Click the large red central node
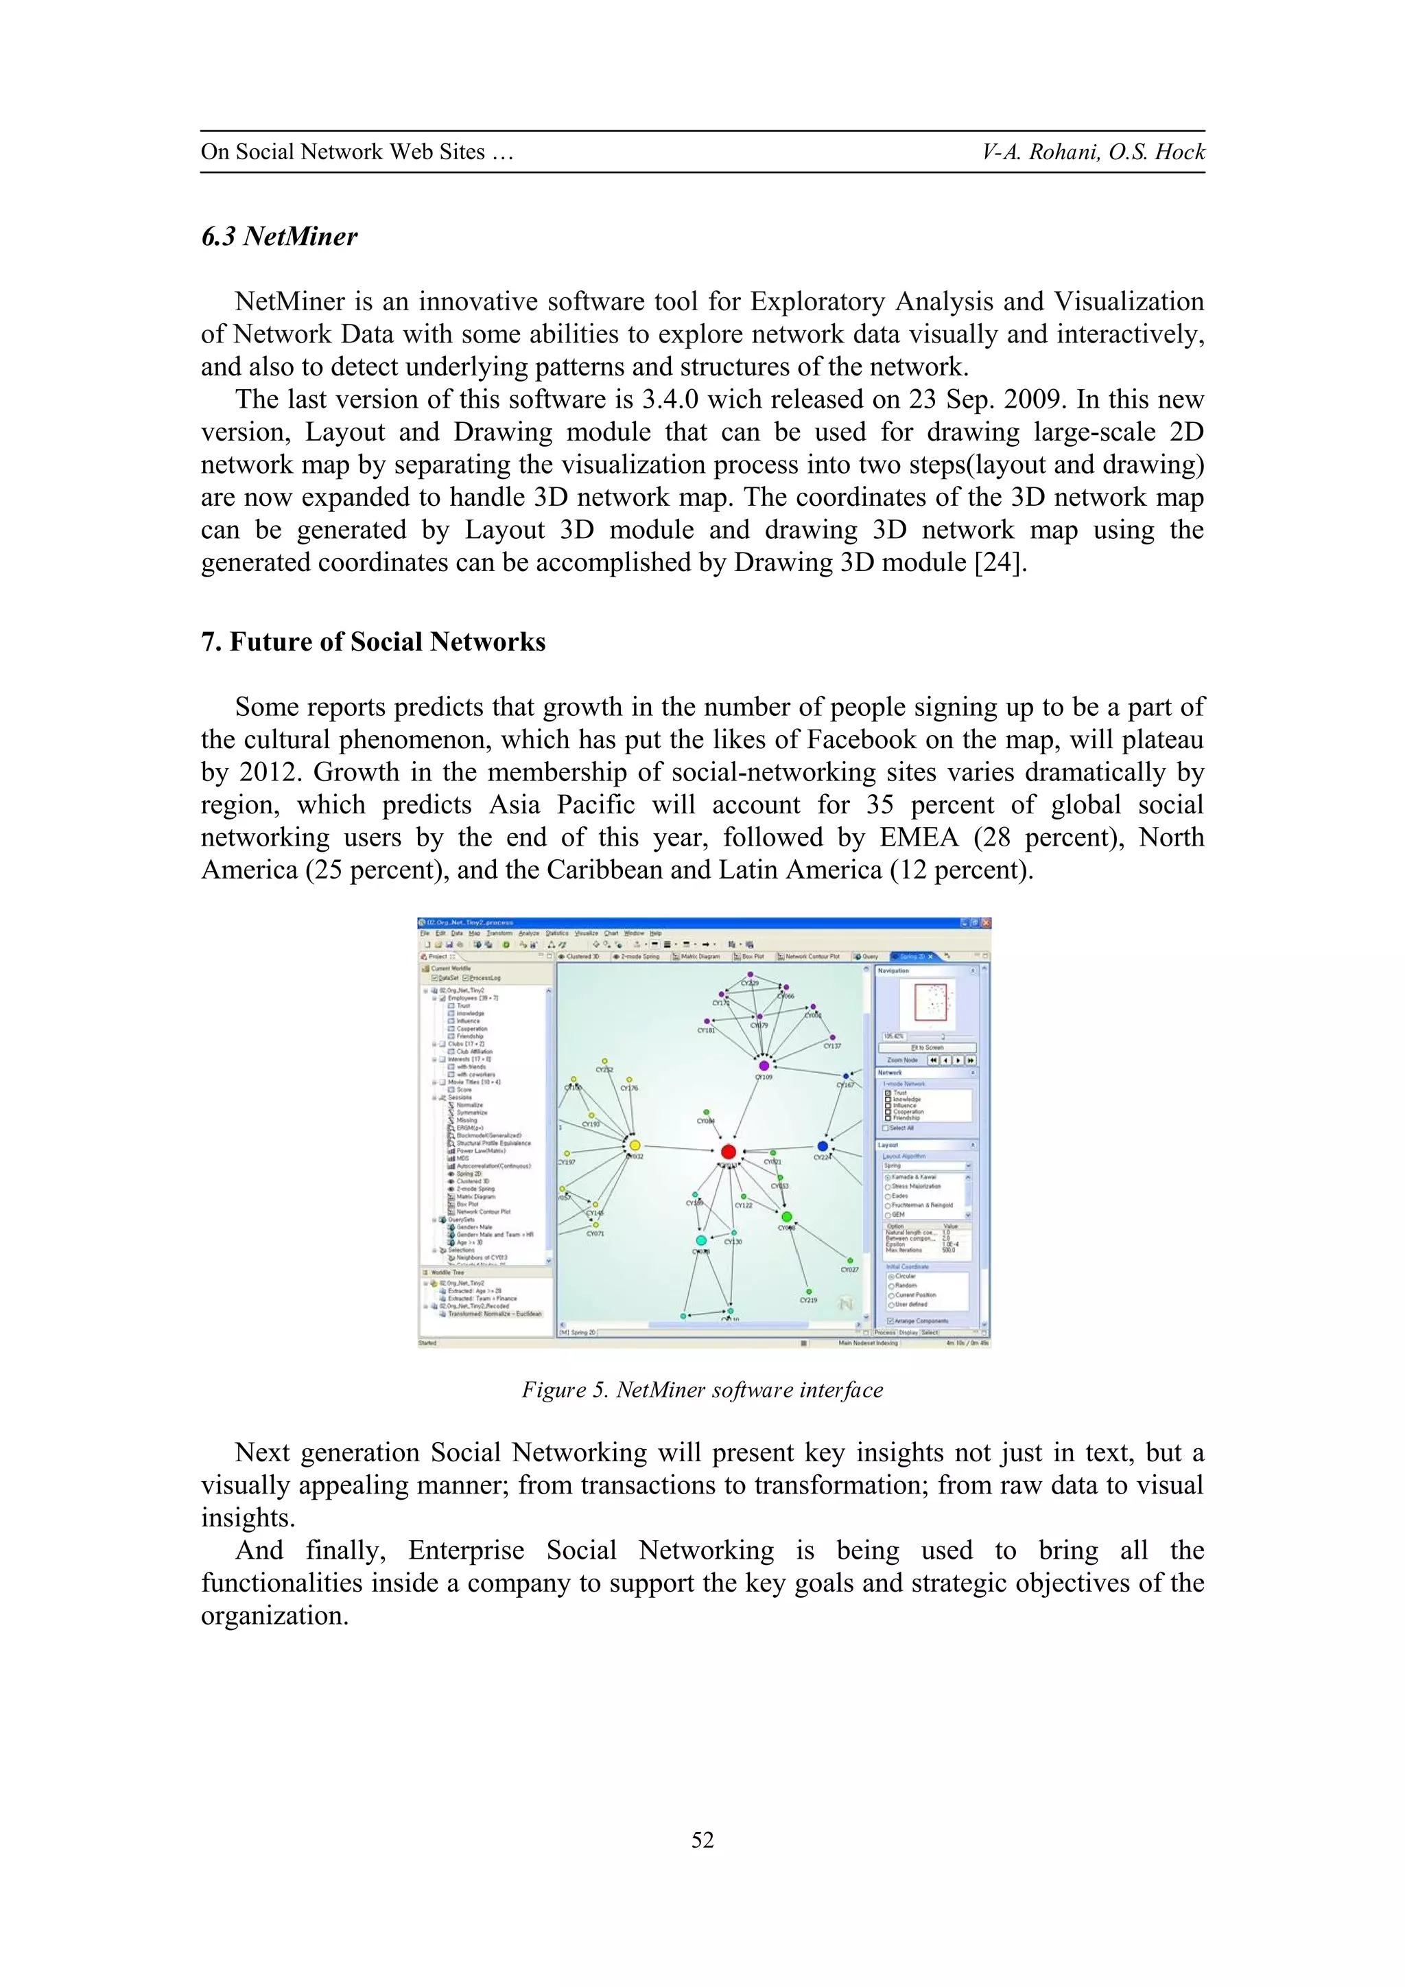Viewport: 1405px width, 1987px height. pyautogui.click(x=728, y=1151)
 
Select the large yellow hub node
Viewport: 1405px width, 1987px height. pyautogui.click(x=635, y=1145)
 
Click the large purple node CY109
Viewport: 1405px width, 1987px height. pyautogui.click(x=764, y=1065)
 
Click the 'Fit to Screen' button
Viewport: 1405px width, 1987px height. pyautogui.click(x=927, y=1047)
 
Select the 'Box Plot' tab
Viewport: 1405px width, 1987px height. pyautogui.click(x=749, y=956)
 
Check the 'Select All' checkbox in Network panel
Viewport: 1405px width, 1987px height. pyautogui.click(x=885, y=1128)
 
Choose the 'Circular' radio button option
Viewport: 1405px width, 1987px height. pyautogui.click(x=891, y=1277)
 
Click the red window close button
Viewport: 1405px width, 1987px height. pyautogui.click(x=985, y=923)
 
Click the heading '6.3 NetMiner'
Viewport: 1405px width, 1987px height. pyautogui.click(x=279, y=236)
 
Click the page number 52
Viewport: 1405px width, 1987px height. pyautogui.click(x=702, y=1840)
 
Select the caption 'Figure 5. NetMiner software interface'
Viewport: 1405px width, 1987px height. pyautogui.click(x=702, y=1390)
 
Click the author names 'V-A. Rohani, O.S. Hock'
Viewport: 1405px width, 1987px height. pyautogui.click(x=1093, y=152)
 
